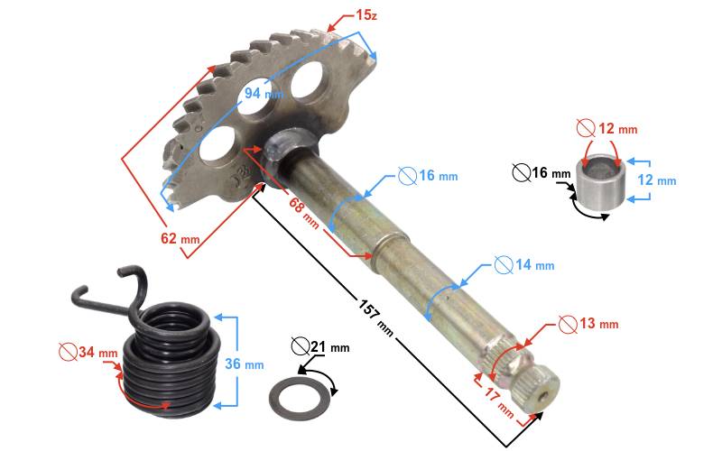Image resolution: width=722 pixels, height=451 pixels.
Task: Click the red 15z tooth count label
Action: coord(366,15)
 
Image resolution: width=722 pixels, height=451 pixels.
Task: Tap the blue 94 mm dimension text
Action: coord(264,93)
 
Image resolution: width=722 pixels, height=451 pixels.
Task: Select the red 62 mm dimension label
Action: coord(180,238)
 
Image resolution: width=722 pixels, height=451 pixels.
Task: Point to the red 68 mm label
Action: coord(303,212)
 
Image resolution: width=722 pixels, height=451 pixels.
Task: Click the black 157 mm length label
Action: coord(375,318)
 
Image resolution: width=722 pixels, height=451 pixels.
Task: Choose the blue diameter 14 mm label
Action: coord(524,264)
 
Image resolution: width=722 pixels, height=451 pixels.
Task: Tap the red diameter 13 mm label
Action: coord(588,324)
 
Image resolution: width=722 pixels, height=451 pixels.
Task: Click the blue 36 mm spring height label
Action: coord(244,364)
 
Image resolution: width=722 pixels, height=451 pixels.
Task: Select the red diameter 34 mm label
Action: coord(88,353)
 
